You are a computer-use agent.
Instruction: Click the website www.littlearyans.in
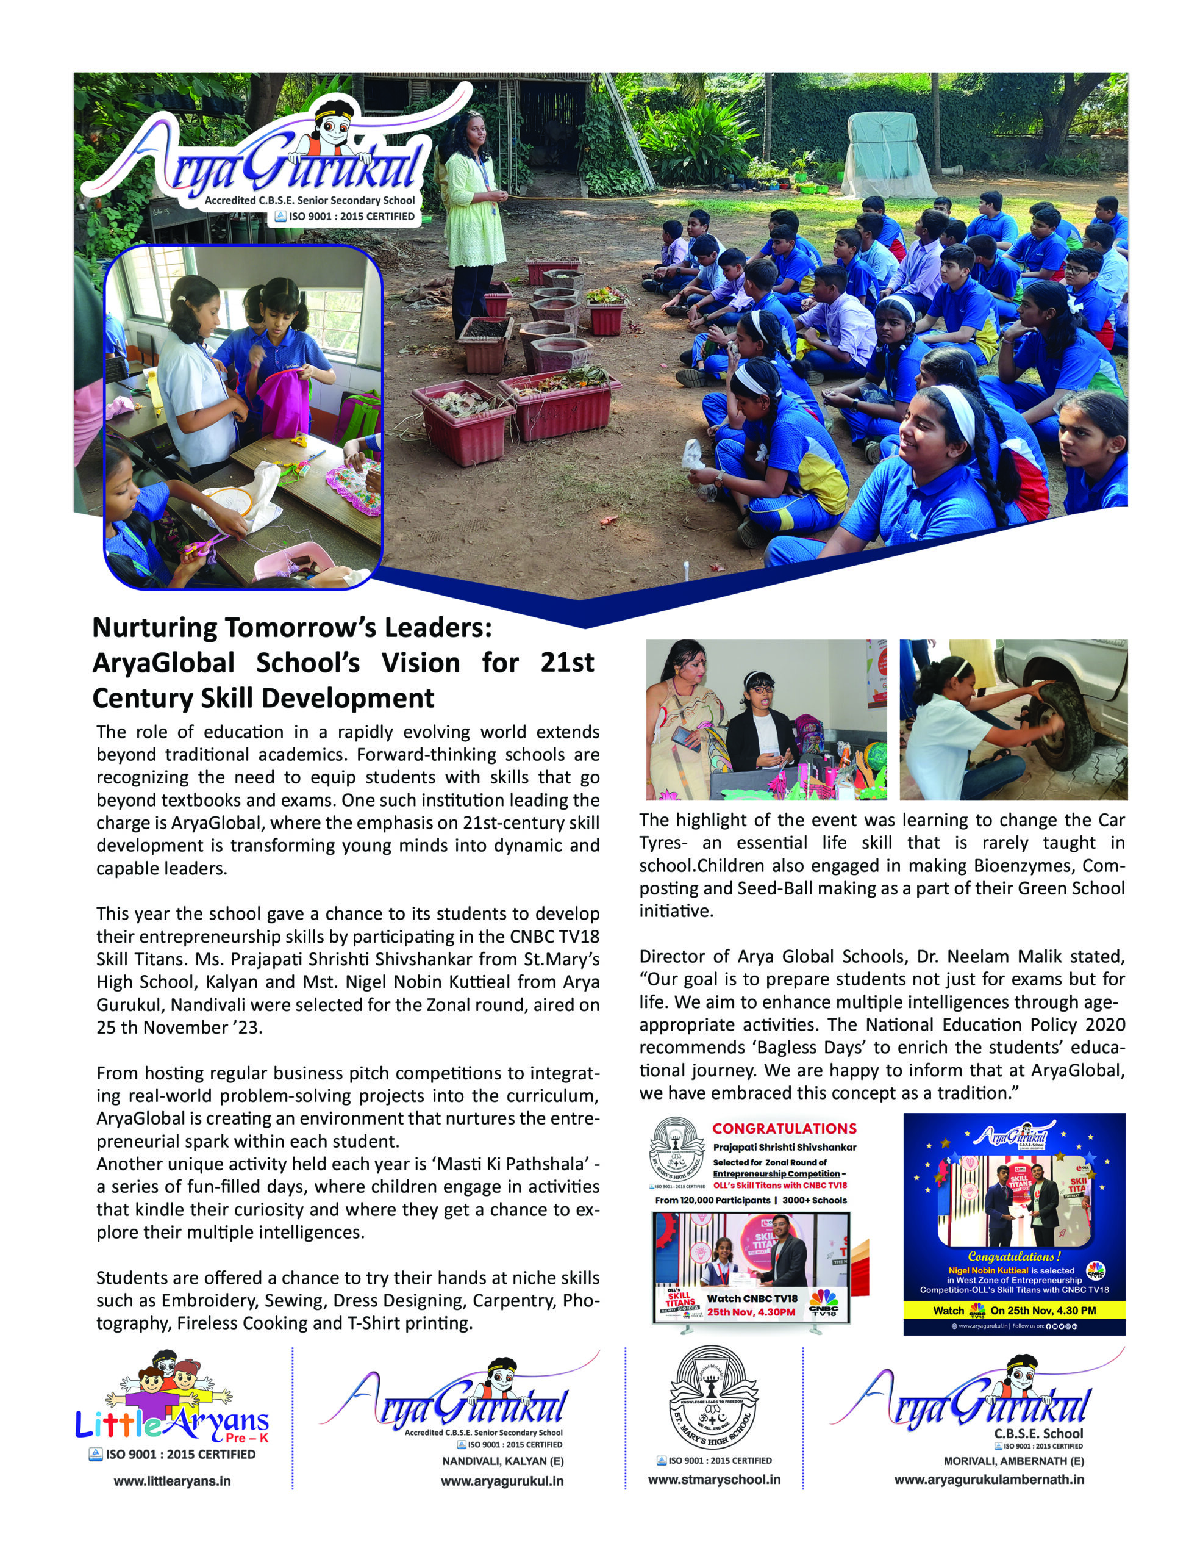172,1481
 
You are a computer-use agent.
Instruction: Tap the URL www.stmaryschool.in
714,1479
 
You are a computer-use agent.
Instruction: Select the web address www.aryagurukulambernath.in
988,1479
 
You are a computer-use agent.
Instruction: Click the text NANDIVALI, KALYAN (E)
503,1461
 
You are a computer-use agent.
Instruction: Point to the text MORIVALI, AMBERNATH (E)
1013,1461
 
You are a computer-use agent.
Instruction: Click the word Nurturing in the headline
154,627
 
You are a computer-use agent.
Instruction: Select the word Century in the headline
140,697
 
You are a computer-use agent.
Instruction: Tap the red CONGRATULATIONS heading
784,1128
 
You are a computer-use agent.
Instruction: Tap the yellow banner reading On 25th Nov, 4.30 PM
1013,1310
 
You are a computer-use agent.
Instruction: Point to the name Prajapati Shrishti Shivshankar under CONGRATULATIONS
784,1147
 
